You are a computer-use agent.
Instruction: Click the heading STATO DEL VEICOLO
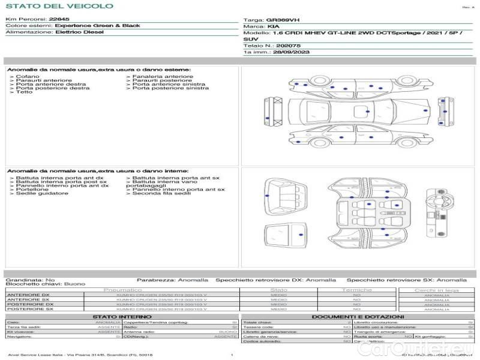click(x=59, y=6)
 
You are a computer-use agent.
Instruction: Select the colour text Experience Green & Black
click(x=97, y=26)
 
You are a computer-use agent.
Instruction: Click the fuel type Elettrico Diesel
click(x=79, y=32)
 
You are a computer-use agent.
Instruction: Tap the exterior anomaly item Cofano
click(x=28, y=77)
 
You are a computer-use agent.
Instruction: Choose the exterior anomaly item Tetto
click(x=25, y=92)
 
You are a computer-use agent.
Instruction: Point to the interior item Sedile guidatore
click(x=41, y=193)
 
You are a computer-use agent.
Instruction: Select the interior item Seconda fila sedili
click(x=163, y=193)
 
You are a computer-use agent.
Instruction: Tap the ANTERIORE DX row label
click(x=28, y=295)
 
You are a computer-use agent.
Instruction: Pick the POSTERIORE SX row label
click(x=28, y=310)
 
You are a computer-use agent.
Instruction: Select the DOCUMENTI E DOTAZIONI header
click(x=358, y=316)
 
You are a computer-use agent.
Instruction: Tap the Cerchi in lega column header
click(x=436, y=290)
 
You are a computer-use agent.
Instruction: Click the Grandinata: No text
click(x=31, y=280)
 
